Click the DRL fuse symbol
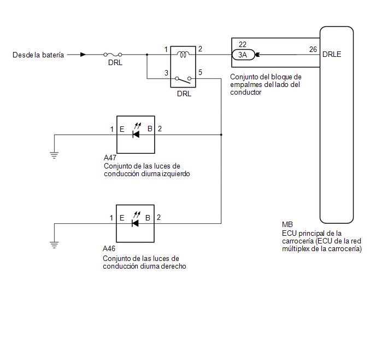(x=113, y=55)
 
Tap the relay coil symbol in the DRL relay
(x=183, y=55)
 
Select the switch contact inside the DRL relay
(x=183, y=80)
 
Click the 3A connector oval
(x=243, y=55)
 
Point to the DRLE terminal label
(x=332, y=55)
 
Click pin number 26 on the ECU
(x=313, y=49)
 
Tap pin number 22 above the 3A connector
(x=243, y=44)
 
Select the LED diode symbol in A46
(x=136, y=220)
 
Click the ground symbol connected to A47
(x=54, y=155)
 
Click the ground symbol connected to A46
(x=54, y=245)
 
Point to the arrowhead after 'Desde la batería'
(x=83, y=55)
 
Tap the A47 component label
(x=110, y=158)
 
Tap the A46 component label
(x=109, y=248)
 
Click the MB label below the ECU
(x=287, y=225)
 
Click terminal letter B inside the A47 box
(x=150, y=129)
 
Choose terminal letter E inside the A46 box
(x=122, y=218)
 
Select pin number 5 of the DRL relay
(x=200, y=72)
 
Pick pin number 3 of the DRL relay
(x=166, y=73)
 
